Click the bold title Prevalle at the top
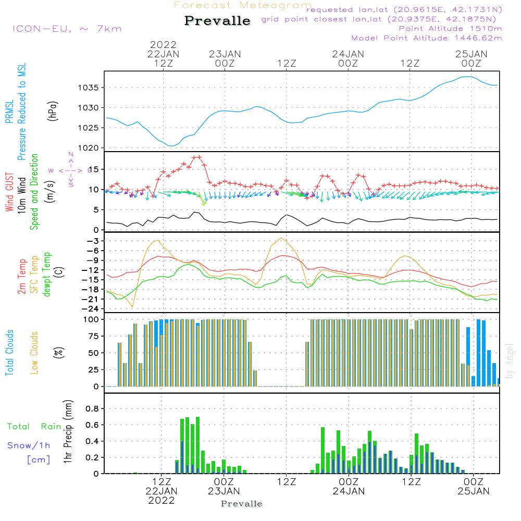[217, 21]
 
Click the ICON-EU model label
[66, 28]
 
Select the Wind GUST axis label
[9, 193]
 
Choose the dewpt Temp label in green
[47, 275]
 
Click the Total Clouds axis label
[9, 353]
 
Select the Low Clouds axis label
[34, 353]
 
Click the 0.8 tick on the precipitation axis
[92, 408]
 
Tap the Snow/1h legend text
[29, 445]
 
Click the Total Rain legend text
[34, 427]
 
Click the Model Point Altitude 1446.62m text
[427, 38]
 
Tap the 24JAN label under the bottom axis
[348, 491]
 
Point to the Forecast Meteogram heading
[243, 5]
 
